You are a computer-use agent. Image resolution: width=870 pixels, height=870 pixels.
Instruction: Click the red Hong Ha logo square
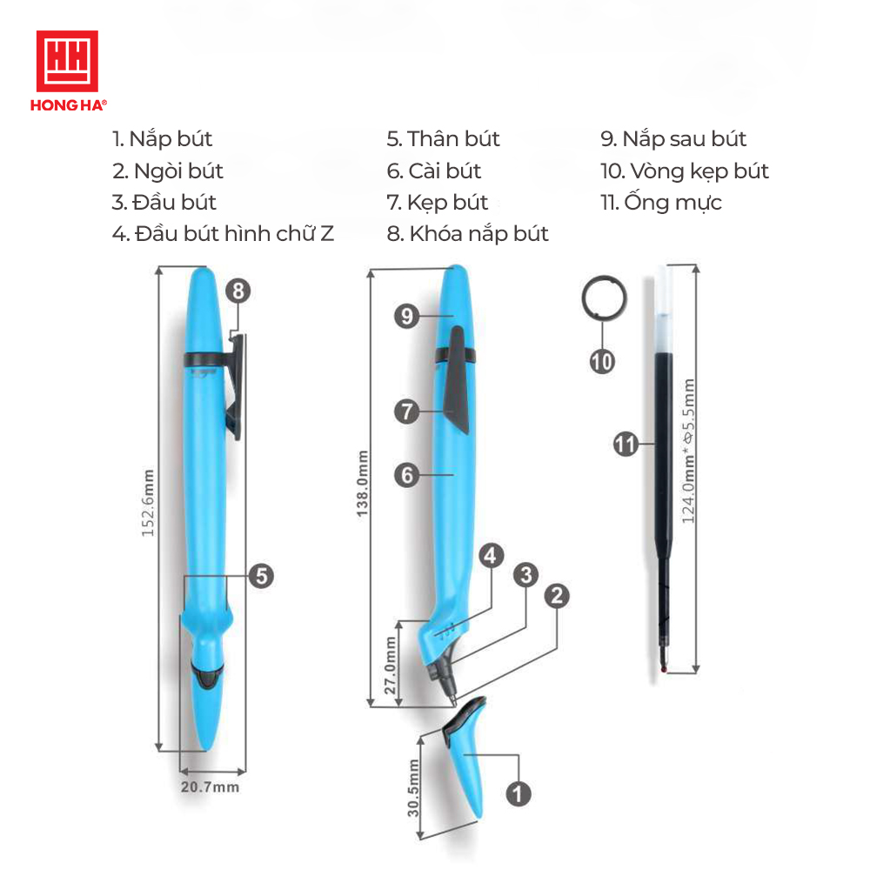(x=67, y=61)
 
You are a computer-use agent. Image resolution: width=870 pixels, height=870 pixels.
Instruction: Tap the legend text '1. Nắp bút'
(x=162, y=139)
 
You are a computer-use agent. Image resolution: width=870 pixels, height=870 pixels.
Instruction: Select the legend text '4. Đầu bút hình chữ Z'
(x=223, y=233)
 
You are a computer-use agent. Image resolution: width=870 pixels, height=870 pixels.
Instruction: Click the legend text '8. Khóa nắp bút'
(x=467, y=233)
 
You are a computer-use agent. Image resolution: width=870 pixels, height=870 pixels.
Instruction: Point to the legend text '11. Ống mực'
(x=661, y=202)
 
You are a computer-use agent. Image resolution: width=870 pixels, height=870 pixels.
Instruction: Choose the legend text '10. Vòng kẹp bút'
(x=685, y=171)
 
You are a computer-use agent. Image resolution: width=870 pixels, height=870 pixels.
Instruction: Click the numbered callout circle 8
(x=238, y=291)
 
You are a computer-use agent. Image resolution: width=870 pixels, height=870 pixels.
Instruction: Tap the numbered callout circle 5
(x=261, y=576)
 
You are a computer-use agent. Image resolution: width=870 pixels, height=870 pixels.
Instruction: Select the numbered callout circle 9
(x=406, y=316)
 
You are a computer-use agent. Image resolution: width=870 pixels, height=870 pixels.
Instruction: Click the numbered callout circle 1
(x=519, y=793)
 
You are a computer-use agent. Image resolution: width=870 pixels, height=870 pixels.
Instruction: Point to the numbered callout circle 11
(x=626, y=444)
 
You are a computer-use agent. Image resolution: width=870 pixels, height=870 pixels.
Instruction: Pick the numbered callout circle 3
(x=526, y=575)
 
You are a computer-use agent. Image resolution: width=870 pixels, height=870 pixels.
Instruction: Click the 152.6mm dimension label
(x=148, y=503)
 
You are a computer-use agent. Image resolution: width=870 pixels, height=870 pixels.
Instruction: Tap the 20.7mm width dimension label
(x=210, y=786)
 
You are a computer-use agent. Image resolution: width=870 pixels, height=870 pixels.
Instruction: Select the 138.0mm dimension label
(x=362, y=484)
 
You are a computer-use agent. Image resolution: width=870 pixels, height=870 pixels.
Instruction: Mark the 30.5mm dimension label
(x=413, y=788)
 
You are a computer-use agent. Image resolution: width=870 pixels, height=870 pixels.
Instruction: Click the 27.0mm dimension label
(x=391, y=666)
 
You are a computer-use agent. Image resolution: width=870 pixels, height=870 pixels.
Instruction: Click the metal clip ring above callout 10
(x=583, y=298)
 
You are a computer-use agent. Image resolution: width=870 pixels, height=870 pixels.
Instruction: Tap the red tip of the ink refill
(x=664, y=670)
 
